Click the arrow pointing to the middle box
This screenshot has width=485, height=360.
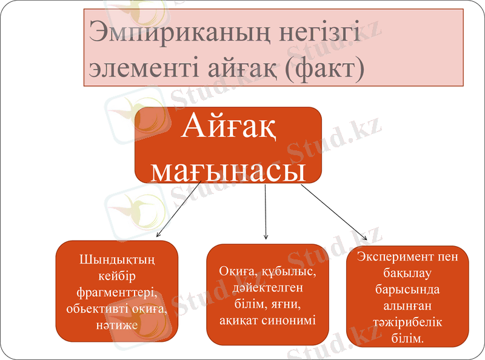tap(266, 212)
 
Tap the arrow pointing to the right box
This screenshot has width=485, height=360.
tap(333, 212)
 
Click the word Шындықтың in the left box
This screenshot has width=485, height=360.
tap(117, 261)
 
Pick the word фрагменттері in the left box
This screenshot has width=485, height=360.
tap(117, 293)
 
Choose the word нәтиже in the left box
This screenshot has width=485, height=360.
tap(117, 325)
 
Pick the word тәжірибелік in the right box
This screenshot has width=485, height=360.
tap(407, 322)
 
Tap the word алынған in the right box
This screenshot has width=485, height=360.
tap(407, 306)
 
